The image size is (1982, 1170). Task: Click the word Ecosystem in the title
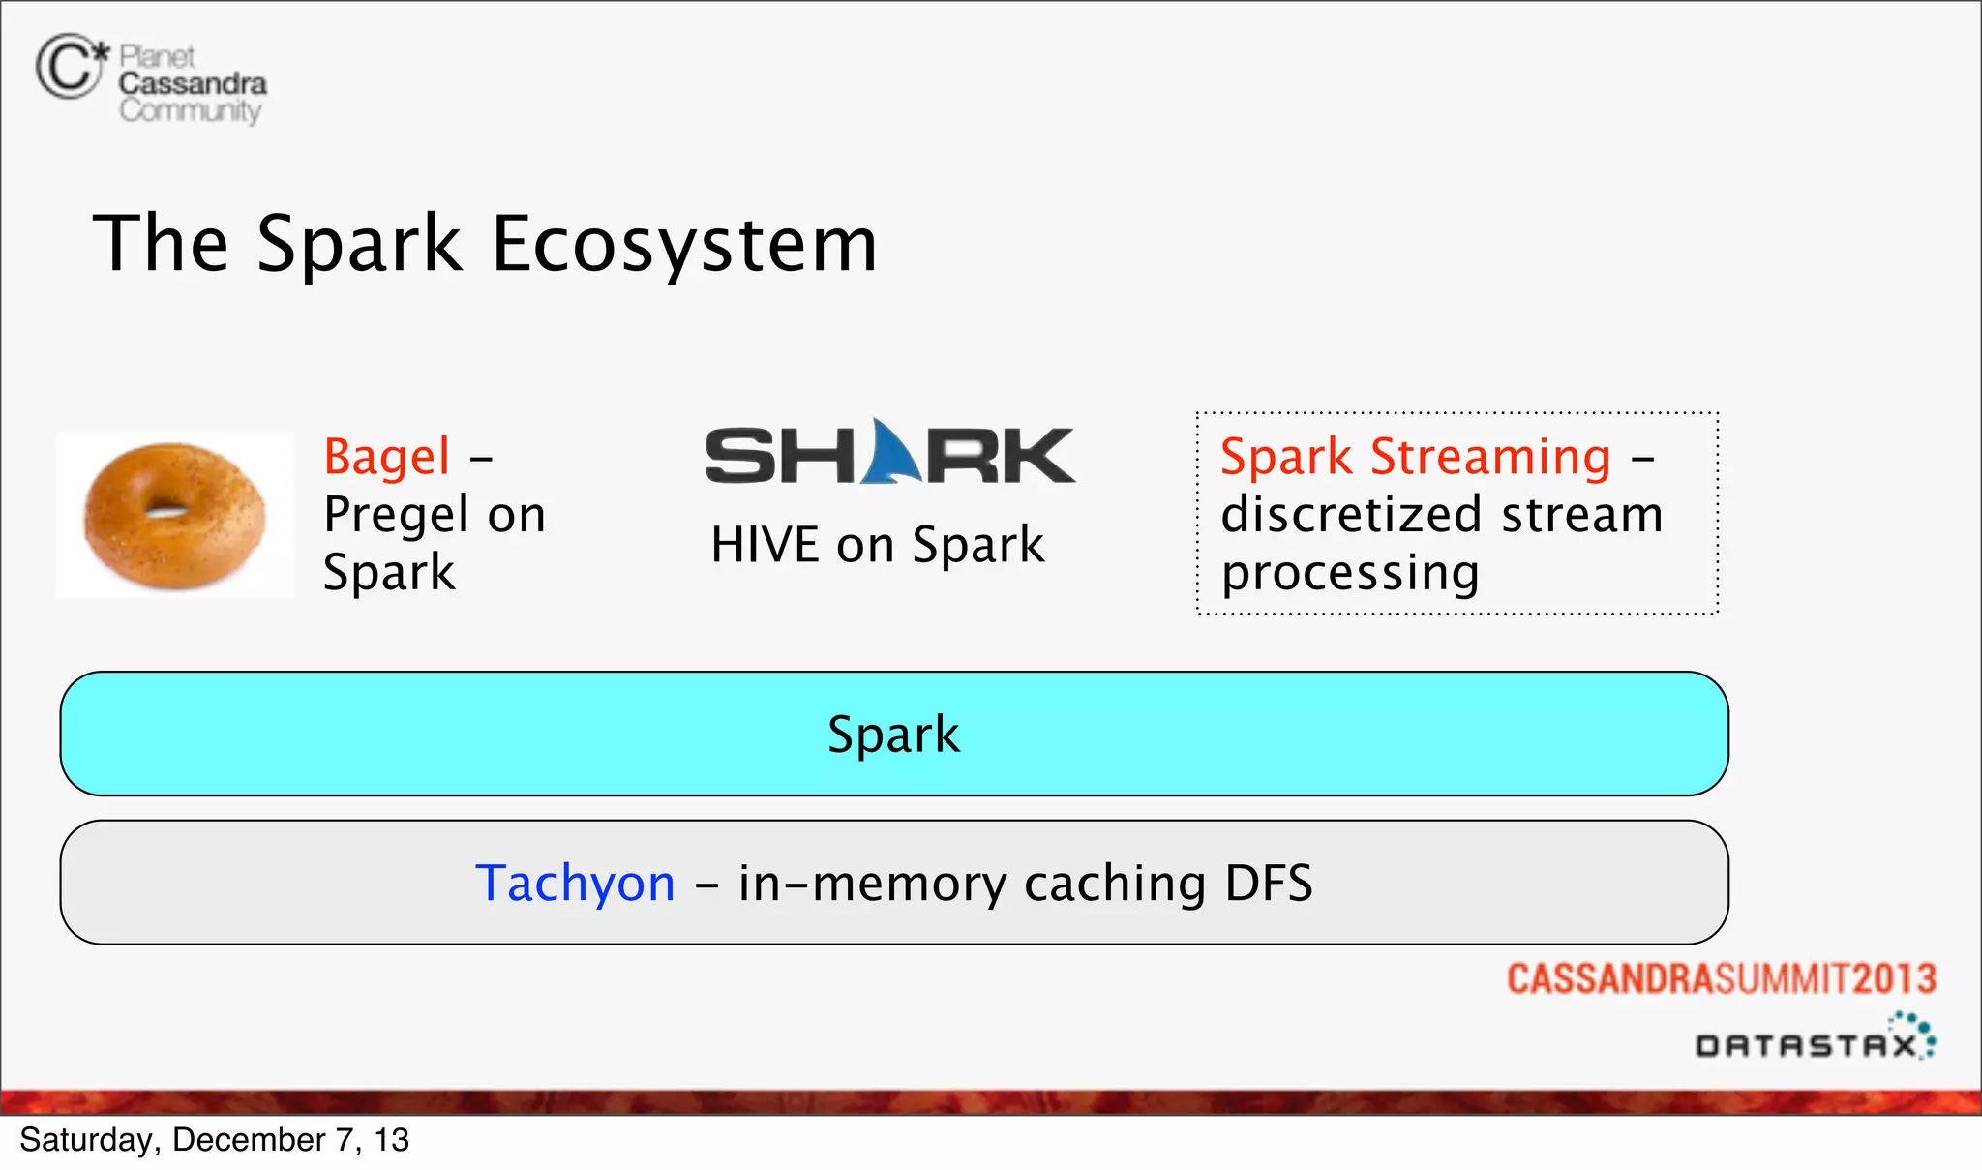[683, 244]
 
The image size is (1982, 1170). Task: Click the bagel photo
[175, 515]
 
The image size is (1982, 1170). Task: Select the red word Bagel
[387, 456]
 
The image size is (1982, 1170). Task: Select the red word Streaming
[1490, 456]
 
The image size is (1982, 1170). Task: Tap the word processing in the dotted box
[1350, 573]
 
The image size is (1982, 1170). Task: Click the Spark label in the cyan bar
[893, 734]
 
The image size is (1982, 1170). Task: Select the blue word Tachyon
[575, 883]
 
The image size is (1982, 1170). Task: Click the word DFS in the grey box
[1269, 883]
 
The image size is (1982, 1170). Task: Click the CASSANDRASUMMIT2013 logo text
[1721, 978]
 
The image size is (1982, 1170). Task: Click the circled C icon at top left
[68, 67]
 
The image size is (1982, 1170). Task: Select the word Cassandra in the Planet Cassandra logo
[193, 84]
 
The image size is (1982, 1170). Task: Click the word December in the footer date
[248, 1140]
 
